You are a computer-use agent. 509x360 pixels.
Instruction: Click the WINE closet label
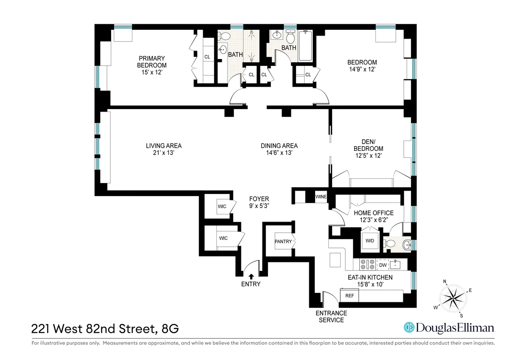pyautogui.click(x=321, y=197)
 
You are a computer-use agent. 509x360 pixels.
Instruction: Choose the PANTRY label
pyautogui.click(x=283, y=242)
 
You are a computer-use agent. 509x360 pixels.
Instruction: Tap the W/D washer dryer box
pyautogui.click(x=369, y=241)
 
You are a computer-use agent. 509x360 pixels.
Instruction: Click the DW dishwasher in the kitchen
pyautogui.click(x=382, y=265)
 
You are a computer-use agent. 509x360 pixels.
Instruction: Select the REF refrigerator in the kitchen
pyautogui.click(x=350, y=295)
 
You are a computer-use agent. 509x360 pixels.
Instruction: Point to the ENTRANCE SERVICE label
pyautogui.click(x=331, y=316)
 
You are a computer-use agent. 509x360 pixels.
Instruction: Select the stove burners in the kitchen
pyautogui.click(x=367, y=265)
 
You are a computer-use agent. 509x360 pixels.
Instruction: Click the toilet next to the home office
pyautogui.click(x=389, y=243)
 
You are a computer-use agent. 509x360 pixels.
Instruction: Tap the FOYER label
pyautogui.click(x=259, y=199)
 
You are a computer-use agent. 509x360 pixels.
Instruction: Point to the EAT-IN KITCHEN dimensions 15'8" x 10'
pyautogui.click(x=368, y=284)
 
